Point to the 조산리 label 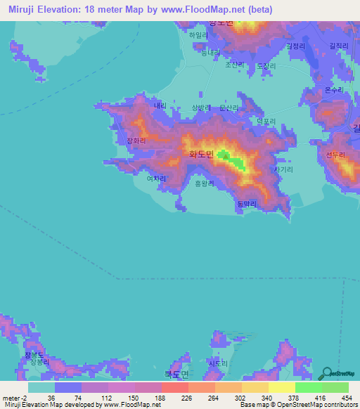pyautogui.click(x=233, y=65)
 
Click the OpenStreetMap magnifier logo pyautogui.click(x=326, y=372)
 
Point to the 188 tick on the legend pyautogui.click(x=160, y=397)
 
